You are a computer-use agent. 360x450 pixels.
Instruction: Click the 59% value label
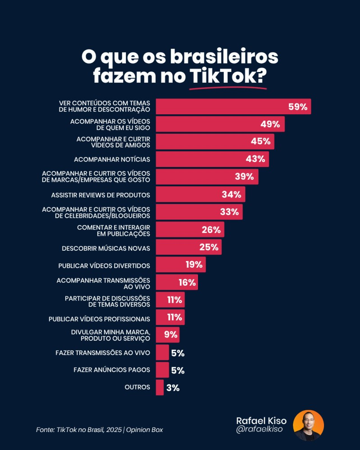click(x=297, y=107)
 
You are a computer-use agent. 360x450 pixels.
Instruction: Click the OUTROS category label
click(x=137, y=387)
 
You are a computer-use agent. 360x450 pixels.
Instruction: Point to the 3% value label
click(x=173, y=387)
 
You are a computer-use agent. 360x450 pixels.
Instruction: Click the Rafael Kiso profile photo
click(x=308, y=425)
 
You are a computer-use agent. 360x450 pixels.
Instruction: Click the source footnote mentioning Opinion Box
click(x=99, y=430)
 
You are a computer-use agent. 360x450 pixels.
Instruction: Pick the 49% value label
click(x=270, y=124)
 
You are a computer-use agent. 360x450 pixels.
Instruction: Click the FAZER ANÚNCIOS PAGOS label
click(x=112, y=370)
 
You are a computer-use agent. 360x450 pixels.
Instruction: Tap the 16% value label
click(x=187, y=283)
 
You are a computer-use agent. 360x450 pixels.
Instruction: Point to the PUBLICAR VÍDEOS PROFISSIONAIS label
click(x=99, y=319)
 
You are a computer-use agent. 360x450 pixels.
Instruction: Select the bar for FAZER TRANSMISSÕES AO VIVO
click(x=162, y=352)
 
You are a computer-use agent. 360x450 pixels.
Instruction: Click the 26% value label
click(x=211, y=230)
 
